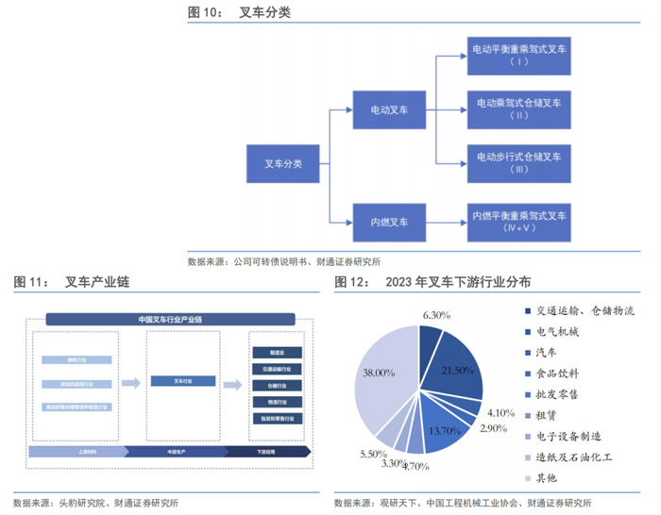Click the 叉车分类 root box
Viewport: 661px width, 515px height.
(x=284, y=164)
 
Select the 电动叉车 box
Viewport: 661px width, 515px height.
(x=389, y=110)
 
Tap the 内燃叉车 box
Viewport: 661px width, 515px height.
(x=389, y=223)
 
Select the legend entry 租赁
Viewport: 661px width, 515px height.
(x=552, y=414)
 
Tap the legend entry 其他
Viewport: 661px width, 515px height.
(x=552, y=478)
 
